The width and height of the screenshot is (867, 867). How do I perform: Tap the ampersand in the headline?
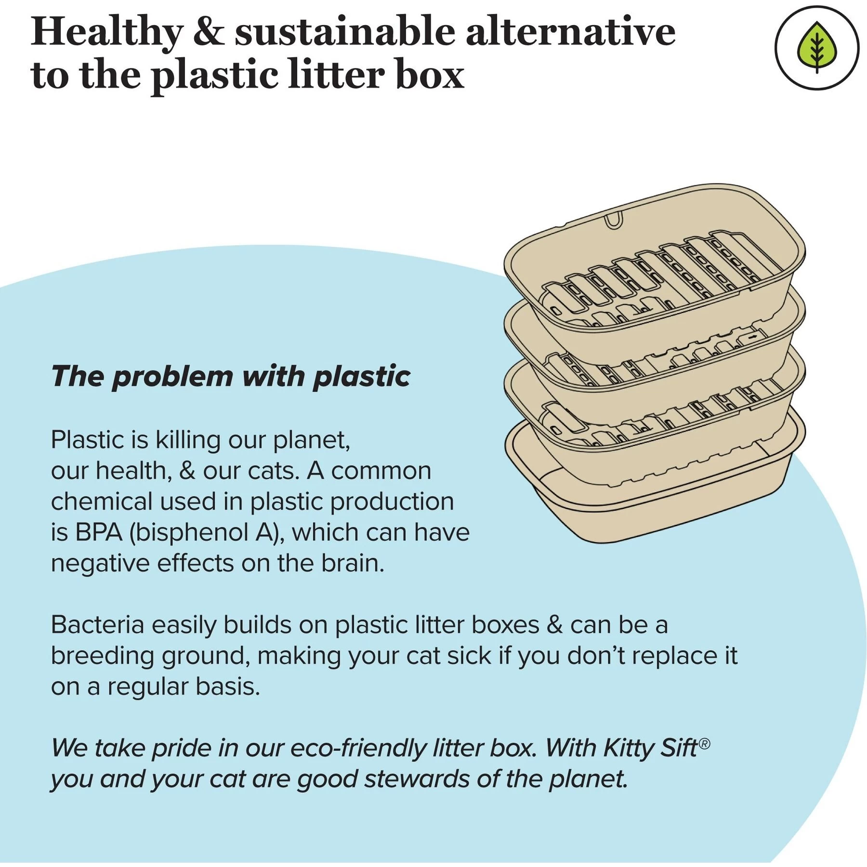[x=209, y=32]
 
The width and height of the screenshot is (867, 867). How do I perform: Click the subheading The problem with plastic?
[x=231, y=376]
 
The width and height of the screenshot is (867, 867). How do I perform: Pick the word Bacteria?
[x=98, y=625]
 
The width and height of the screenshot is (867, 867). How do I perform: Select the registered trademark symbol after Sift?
[x=704, y=744]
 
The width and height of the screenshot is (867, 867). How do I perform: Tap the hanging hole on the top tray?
[x=613, y=219]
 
